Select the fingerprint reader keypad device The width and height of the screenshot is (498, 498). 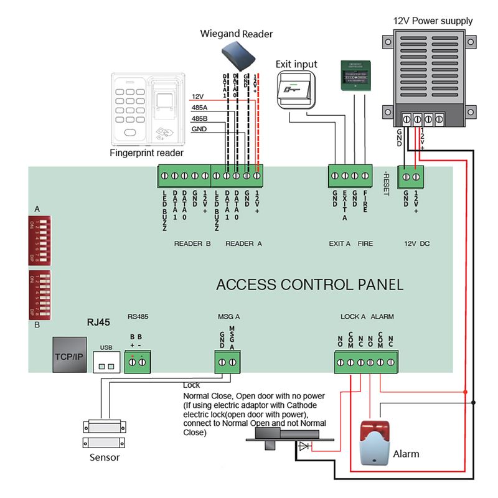[x=148, y=108]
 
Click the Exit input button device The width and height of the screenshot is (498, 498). [x=297, y=91]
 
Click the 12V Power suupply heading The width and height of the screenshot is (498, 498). [x=433, y=21]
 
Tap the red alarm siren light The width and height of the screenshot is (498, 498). [x=375, y=442]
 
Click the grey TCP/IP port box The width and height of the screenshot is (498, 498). [x=69, y=355]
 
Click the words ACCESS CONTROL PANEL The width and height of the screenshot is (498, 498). [x=309, y=285]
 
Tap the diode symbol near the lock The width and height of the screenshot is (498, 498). [x=304, y=446]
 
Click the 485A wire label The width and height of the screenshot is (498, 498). [x=199, y=108]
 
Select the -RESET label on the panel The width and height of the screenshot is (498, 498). [x=385, y=183]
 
